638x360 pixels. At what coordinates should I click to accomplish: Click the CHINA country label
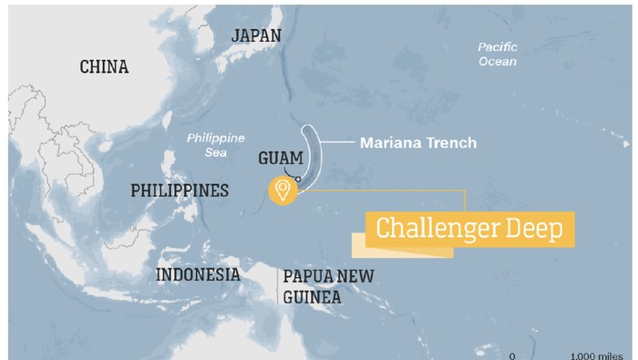point(104,67)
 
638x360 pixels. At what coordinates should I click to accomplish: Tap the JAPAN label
point(256,35)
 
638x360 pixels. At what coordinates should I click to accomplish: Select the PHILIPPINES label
point(179,191)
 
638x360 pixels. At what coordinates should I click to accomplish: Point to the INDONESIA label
point(198,275)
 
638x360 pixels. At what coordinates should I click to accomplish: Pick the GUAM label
point(281,157)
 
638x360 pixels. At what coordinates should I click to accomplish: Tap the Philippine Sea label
point(216,145)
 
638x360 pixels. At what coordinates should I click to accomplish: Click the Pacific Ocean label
point(498,54)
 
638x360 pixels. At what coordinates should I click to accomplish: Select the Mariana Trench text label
point(417,143)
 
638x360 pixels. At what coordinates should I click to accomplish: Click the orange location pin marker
point(283,190)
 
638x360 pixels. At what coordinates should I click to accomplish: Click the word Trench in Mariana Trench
point(451,143)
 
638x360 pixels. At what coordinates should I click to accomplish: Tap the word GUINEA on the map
point(312,297)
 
